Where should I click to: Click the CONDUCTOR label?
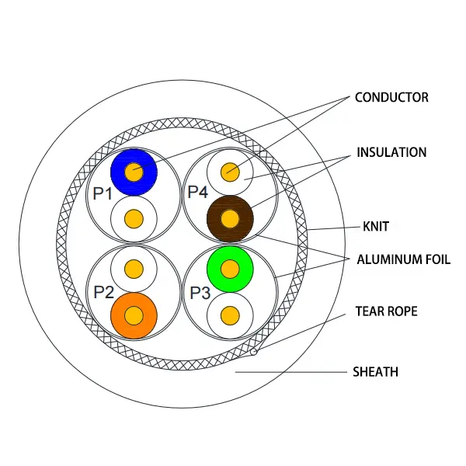[x=391, y=98]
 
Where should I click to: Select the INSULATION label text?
[x=391, y=152]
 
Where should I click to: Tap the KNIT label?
[x=375, y=227]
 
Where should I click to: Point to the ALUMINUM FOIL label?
[x=403, y=259]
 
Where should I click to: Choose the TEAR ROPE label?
[x=386, y=311]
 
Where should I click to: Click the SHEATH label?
[x=375, y=372]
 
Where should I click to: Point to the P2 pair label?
[x=104, y=292]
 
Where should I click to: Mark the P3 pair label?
[x=200, y=293]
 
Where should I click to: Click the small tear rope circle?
[x=254, y=352]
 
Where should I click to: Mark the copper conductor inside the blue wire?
[x=134, y=171]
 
